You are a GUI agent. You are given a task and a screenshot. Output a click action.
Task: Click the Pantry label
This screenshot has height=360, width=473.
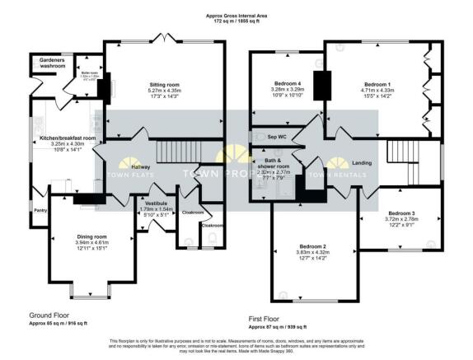coord(40,210)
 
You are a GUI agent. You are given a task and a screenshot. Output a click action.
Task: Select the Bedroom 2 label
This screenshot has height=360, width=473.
coord(313,246)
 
